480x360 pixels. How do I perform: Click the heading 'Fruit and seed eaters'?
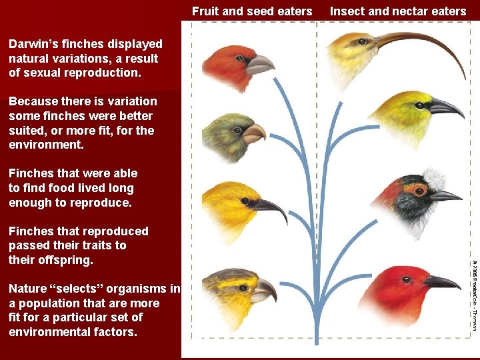(252, 11)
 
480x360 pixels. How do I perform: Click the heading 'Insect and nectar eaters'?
(398, 11)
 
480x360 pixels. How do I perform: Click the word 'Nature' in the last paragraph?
(28, 289)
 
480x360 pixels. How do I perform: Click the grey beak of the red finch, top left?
(260, 65)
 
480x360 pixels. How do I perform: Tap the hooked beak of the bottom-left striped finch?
(264, 291)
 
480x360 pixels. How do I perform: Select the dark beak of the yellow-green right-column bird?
(445, 107)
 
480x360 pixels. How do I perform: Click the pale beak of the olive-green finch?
(255, 134)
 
